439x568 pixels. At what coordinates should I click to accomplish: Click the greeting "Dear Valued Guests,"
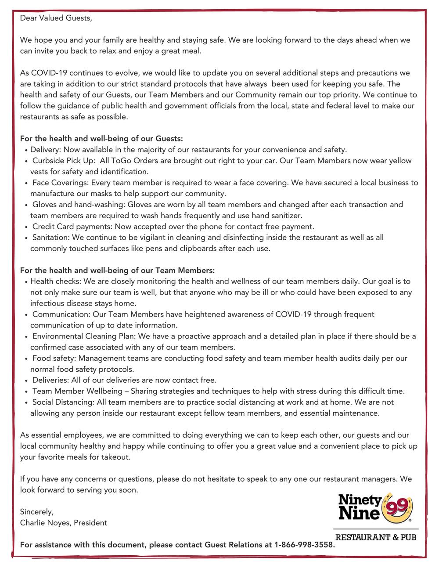[x=57, y=18]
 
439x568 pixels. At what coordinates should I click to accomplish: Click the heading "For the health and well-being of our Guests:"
[x=101, y=139]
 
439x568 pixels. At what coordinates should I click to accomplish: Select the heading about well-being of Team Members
[x=117, y=270]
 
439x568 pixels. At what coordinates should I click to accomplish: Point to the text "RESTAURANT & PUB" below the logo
[x=376, y=537]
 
